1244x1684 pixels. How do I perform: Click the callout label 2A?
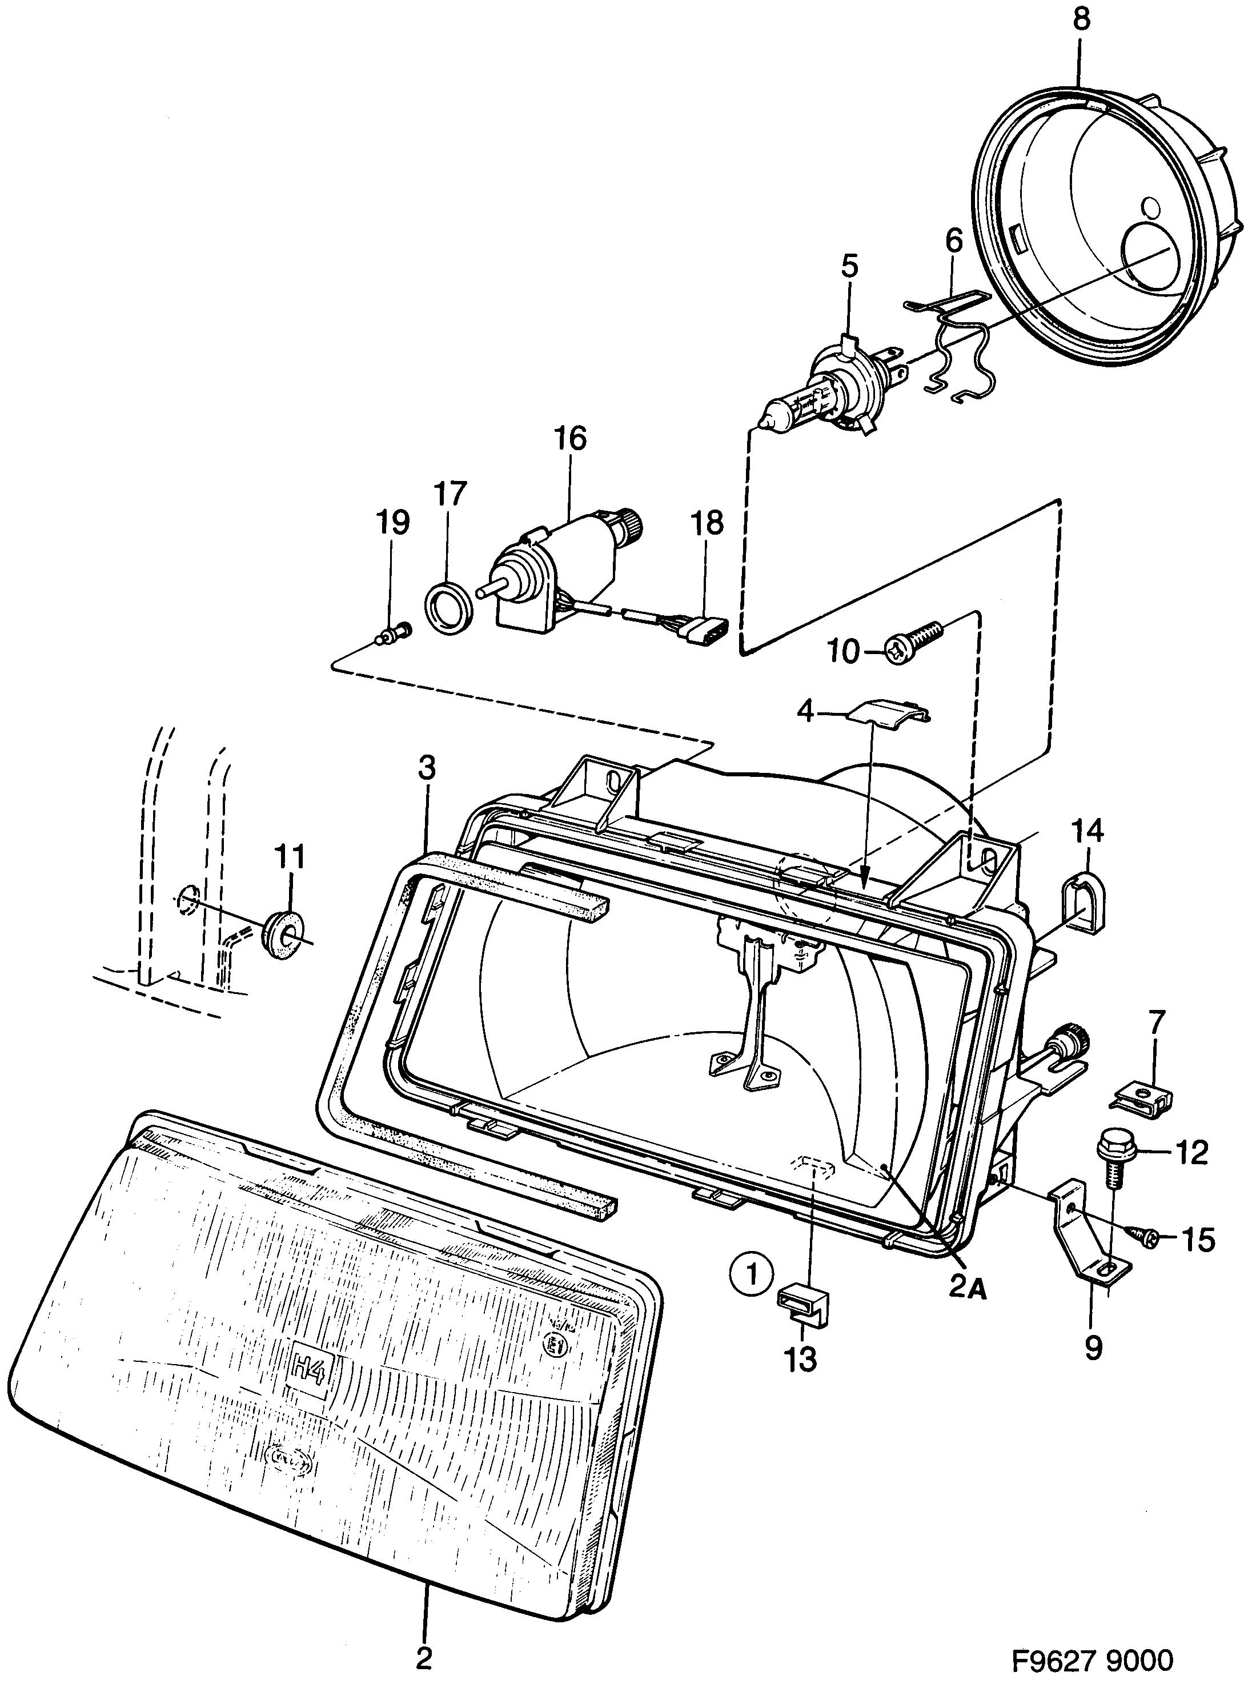968,1289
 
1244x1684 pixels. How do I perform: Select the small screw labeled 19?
395,636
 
